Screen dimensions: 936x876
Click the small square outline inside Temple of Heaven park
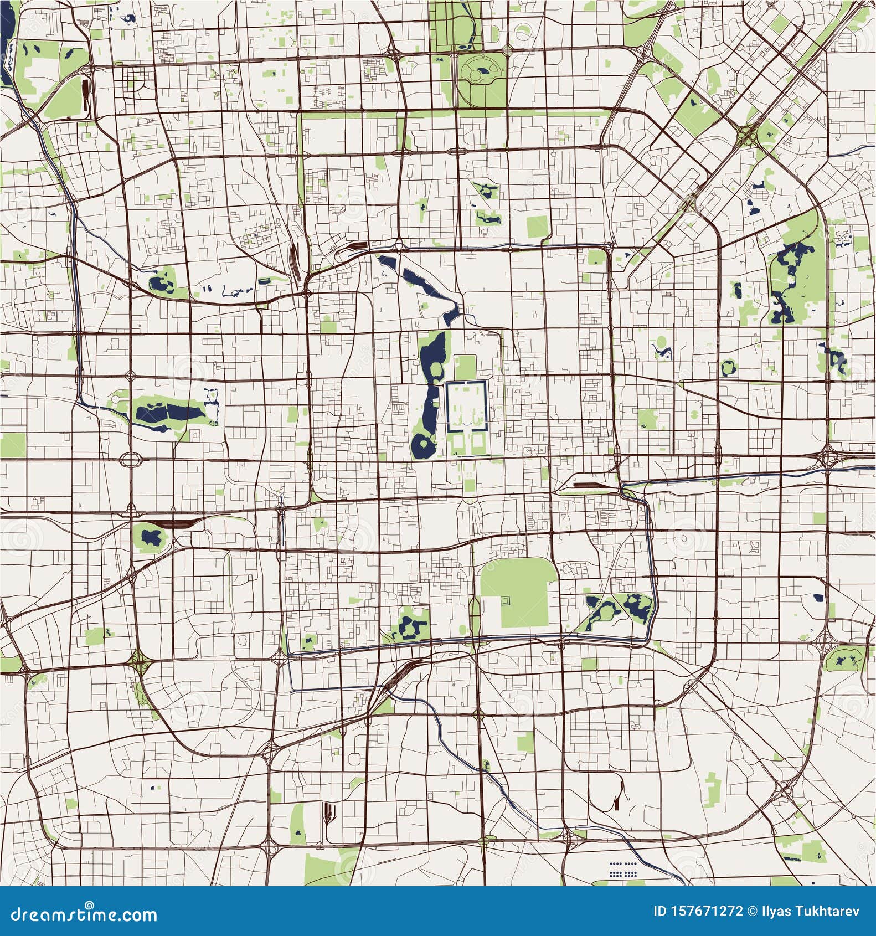(x=505, y=600)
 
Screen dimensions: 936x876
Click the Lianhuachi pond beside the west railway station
(x=150, y=537)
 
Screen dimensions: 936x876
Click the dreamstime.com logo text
(x=80, y=914)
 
